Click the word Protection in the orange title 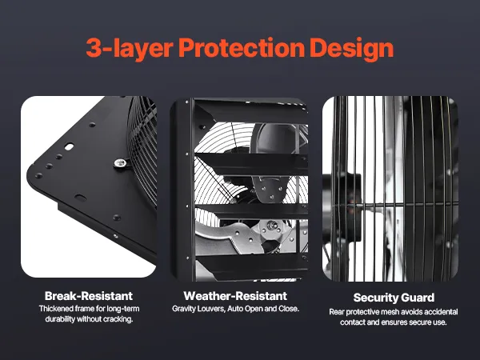[242, 48]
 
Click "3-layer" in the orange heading [130, 49]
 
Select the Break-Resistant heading [89, 296]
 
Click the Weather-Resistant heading [235, 296]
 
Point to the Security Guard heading [394, 298]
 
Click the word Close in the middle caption [289, 309]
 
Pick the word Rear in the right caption [336, 312]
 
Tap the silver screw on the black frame [120, 162]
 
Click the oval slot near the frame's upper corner [69, 147]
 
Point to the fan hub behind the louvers [270, 226]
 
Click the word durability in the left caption [60, 319]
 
